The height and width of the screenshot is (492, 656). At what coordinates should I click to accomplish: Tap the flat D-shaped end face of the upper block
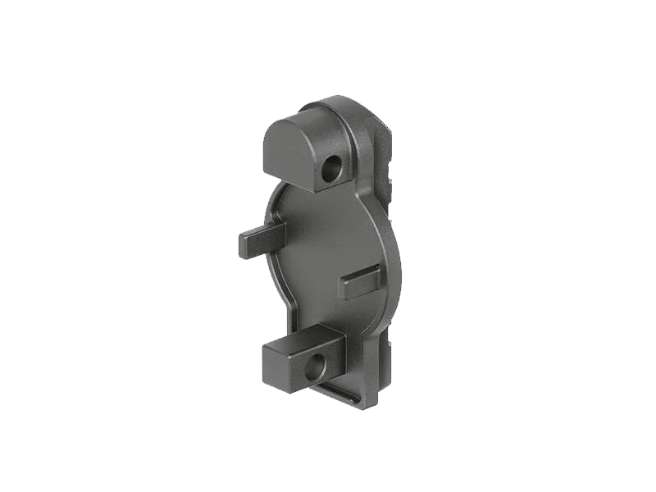pyautogui.click(x=288, y=151)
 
